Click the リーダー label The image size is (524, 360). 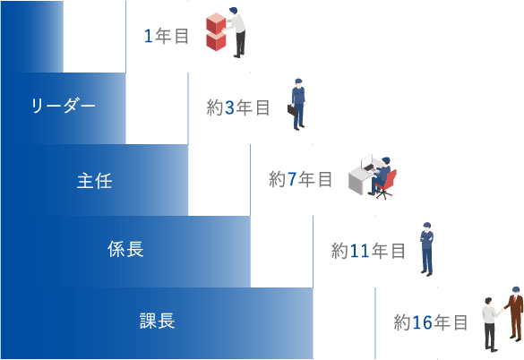(63, 107)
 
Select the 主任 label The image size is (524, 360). (94, 179)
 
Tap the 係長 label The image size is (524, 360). (125, 250)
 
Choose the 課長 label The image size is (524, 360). (157, 321)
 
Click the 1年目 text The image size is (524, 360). (167, 37)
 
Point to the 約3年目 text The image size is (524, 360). (238, 108)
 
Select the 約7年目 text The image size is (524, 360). (301, 179)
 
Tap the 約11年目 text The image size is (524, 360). (368, 252)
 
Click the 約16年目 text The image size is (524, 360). (431, 322)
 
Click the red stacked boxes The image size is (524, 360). (216, 32)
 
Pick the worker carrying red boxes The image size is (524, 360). (236, 32)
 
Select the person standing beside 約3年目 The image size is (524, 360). (297, 105)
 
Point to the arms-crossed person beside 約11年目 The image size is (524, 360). (426, 248)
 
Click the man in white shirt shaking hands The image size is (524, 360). (490, 322)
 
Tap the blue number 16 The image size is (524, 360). (422, 322)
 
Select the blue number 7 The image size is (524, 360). (292, 179)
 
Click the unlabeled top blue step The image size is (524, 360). (31, 36)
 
